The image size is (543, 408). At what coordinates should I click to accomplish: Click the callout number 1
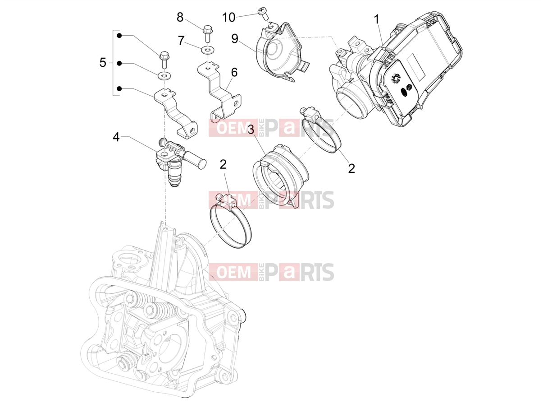pyautogui.click(x=376, y=19)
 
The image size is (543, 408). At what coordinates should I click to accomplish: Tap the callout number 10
pyautogui.click(x=228, y=17)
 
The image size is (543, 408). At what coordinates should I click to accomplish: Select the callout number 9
pyautogui.click(x=234, y=39)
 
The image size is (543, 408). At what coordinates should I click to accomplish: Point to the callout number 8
pyautogui.click(x=180, y=17)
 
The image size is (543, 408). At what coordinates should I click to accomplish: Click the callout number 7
pyautogui.click(x=181, y=41)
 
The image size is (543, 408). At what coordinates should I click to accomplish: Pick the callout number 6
pyautogui.click(x=234, y=72)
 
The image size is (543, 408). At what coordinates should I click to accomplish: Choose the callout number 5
pyautogui.click(x=103, y=62)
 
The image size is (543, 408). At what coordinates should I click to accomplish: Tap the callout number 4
pyautogui.click(x=116, y=137)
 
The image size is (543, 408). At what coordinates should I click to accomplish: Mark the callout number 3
pyautogui.click(x=251, y=130)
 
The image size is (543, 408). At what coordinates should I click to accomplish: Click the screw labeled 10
pyautogui.click(x=263, y=14)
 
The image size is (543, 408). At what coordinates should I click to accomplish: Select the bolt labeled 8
pyautogui.click(x=206, y=33)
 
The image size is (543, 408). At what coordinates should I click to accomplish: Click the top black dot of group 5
pyautogui.click(x=119, y=36)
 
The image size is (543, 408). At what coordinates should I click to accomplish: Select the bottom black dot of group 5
pyautogui.click(x=119, y=88)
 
